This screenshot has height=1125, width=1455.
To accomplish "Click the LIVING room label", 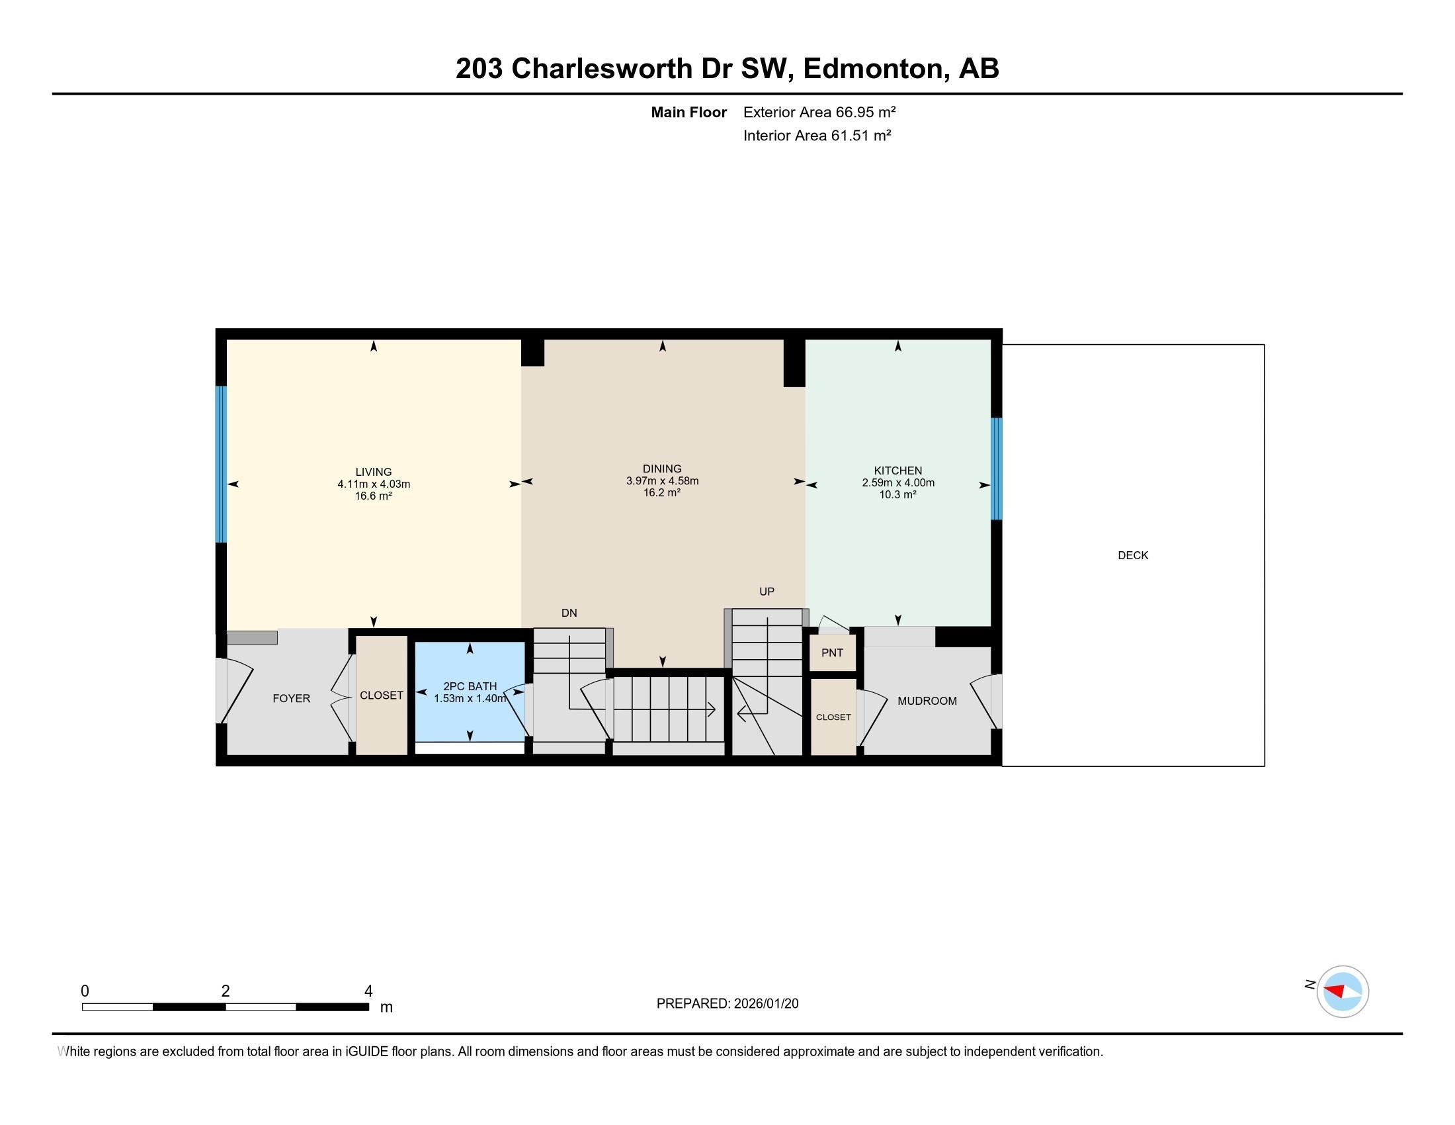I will point(373,472).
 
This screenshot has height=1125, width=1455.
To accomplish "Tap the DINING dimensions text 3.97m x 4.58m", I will point(661,481).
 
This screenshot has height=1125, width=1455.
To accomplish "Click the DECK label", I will point(1132,555).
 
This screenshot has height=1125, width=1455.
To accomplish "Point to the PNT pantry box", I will point(832,652).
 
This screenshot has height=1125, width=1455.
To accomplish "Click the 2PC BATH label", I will point(470,686).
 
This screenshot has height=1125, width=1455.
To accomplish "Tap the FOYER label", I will point(291,698).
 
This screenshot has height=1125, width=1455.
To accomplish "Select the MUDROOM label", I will point(927,701).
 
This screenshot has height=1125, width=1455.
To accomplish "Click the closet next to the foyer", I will point(381,695).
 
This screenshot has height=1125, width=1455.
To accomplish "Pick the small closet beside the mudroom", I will point(833,717).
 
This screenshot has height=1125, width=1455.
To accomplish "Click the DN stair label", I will point(569,613).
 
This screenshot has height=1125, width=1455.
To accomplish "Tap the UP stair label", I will point(766,592).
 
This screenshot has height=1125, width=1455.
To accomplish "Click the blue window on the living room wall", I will point(220,465).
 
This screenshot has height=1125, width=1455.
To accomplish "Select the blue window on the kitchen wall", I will point(996,469).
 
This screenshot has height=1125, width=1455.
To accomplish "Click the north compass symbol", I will point(1342,991).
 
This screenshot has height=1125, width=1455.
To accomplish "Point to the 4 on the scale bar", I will point(368,991).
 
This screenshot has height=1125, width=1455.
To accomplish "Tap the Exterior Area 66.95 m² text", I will point(819,112).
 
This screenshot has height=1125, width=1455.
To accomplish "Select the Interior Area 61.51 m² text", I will point(817,136).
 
